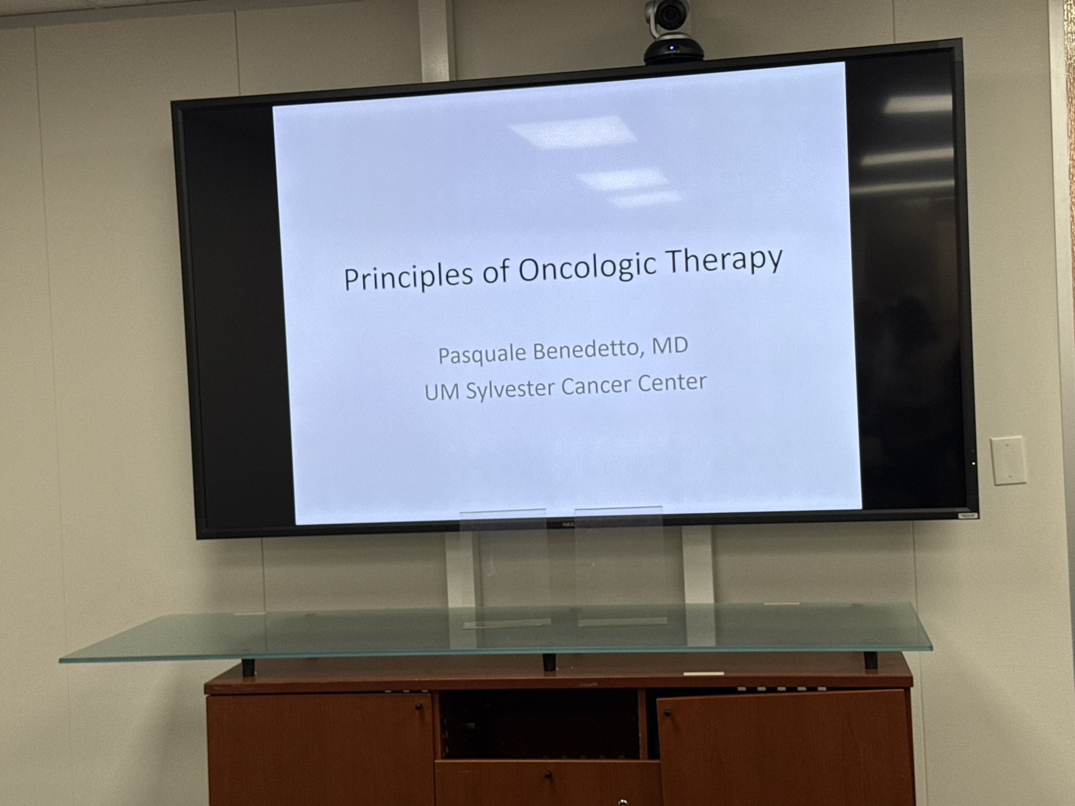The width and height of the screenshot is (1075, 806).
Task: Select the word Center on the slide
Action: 672,383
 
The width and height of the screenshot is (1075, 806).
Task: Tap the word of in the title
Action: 496,272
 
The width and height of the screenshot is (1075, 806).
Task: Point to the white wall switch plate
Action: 1008,461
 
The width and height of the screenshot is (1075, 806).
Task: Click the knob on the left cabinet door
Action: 419,708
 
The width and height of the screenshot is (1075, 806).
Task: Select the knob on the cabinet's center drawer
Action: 548,775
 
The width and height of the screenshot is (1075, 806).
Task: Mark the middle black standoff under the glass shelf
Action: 548,663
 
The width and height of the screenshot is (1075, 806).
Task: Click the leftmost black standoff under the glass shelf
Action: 248,666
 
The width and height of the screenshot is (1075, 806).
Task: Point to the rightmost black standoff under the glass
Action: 871,659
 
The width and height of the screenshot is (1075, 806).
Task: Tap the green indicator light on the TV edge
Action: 974,463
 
